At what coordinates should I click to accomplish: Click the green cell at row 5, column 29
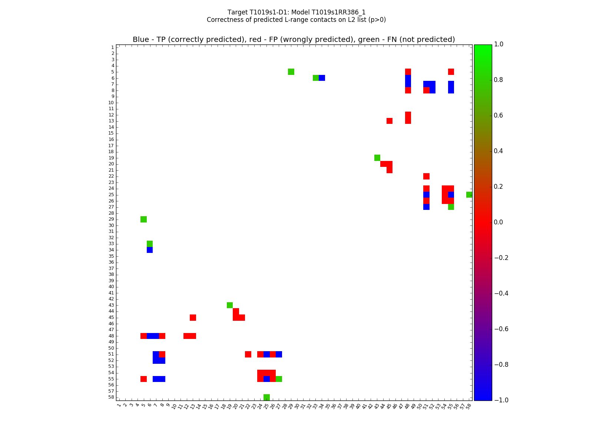tap(291, 72)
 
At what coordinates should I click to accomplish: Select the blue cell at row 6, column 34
tap(322, 78)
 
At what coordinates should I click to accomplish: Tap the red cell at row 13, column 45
tap(390, 121)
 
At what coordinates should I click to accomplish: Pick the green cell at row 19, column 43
tap(377, 158)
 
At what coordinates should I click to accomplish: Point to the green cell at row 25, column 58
tap(469, 195)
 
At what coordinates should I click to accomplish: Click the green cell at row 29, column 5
tap(143, 219)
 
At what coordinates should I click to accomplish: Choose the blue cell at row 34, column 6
tap(150, 250)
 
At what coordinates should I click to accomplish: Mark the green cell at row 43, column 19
tap(230, 305)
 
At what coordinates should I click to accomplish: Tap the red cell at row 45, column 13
tap(193, 317)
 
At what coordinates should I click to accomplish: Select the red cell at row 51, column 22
tap(248, 354)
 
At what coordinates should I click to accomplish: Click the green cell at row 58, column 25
tap(266, 397)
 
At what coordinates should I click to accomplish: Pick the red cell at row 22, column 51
tap(426, 176)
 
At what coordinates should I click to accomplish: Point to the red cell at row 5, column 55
tap(451, 72)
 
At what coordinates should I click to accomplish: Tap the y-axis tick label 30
tap(111, 225)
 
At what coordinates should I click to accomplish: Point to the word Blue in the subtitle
tap(141, 40)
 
